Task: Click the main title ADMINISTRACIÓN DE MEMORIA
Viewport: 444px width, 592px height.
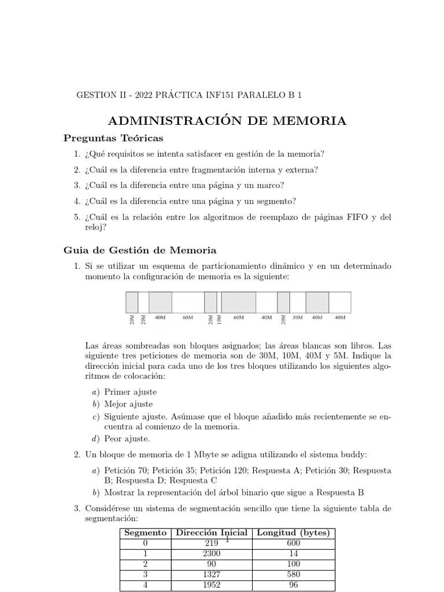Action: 227,121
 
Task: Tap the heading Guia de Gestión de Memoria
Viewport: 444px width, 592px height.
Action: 139,250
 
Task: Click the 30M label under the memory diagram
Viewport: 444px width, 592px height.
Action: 298,317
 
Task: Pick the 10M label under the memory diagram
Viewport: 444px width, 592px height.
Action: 219,319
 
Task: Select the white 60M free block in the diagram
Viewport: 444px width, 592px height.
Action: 188,302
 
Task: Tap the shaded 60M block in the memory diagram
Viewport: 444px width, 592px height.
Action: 239,302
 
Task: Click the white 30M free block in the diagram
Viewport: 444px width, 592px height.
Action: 298,302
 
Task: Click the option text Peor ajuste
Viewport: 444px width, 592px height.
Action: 125,439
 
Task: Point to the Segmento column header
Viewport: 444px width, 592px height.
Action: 146,533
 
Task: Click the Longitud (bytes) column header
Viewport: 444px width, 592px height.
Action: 293,533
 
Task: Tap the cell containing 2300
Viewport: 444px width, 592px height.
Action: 211,554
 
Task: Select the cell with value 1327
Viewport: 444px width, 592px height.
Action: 211,575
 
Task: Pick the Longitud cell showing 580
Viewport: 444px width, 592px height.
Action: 293,575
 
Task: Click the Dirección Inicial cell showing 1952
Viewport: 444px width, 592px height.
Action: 211,585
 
